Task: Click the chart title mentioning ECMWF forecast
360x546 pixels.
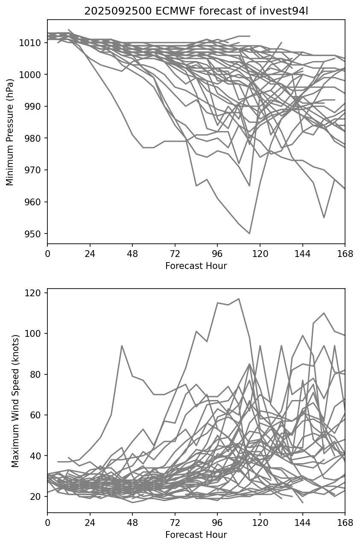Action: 196,11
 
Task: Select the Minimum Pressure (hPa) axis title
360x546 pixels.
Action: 10,132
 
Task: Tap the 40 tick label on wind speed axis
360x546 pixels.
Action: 36,456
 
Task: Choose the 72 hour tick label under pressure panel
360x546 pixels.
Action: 175,254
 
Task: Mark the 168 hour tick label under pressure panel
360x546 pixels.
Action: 345,254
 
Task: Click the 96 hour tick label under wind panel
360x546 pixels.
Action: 217,523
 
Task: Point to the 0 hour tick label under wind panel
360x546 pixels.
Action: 47,523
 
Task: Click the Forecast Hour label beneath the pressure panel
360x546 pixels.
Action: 196,266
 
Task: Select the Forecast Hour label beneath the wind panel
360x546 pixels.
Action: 196,535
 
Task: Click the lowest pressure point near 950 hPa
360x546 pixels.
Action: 249,234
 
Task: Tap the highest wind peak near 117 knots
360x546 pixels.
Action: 239,299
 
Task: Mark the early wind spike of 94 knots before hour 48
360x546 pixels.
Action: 122,346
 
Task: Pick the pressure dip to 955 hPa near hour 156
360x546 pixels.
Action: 324,218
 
